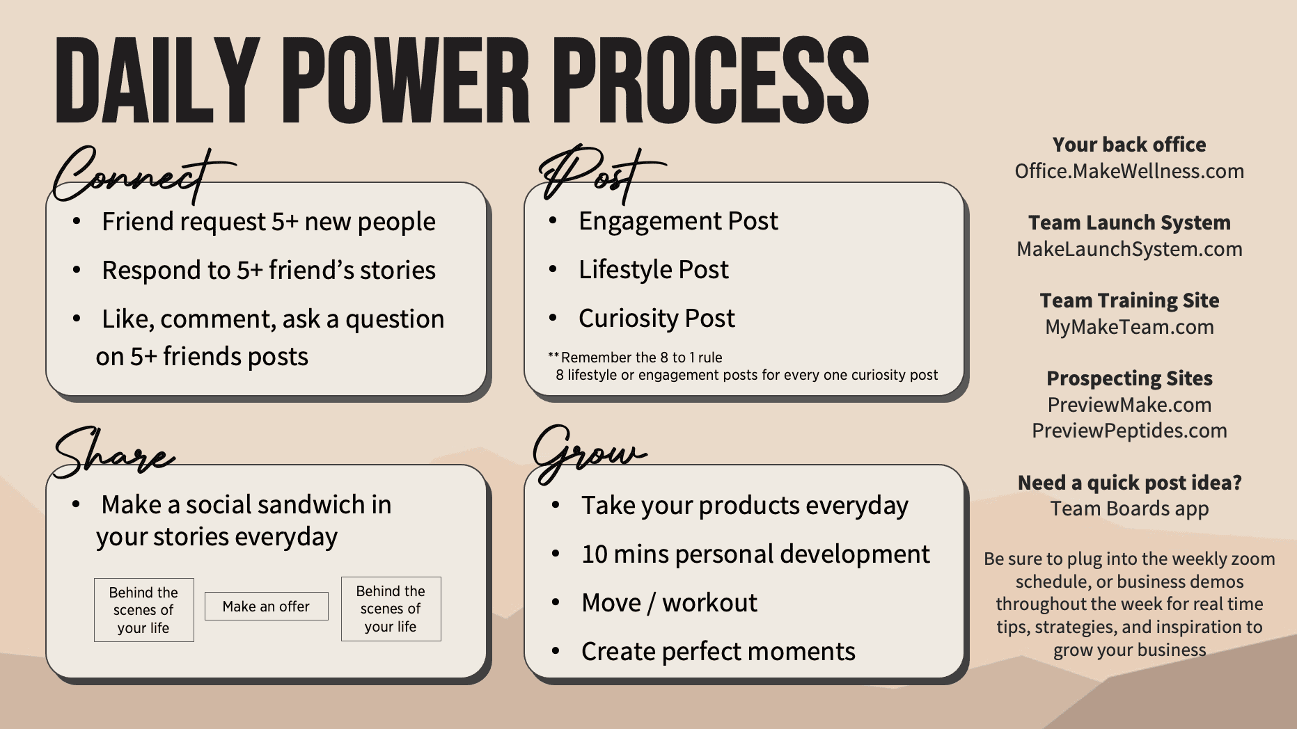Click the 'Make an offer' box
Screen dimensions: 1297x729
(266, 607)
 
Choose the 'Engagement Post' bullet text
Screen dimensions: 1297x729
(678, 221)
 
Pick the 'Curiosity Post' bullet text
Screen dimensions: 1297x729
(657, 319)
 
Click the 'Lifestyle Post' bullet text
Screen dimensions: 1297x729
(654, 270)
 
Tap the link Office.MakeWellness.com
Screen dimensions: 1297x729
(1129, 171)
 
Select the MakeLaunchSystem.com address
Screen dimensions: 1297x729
(1129, 249)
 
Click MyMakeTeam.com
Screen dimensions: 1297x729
(1129, 327)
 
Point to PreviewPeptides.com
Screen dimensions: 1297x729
(1129, 431)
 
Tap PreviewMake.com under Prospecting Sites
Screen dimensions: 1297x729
(1129, 405)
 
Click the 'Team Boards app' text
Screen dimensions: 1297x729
(1129, 508)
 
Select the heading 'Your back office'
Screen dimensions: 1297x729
(1129, 145)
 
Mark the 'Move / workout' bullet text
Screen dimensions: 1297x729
(669, 602)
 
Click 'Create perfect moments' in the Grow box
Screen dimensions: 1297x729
(718, 652)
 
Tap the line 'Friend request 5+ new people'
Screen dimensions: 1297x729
(269, 222)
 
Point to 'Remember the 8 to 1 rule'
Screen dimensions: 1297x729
(641, 358)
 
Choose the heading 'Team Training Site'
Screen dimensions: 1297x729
(1129, 301)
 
